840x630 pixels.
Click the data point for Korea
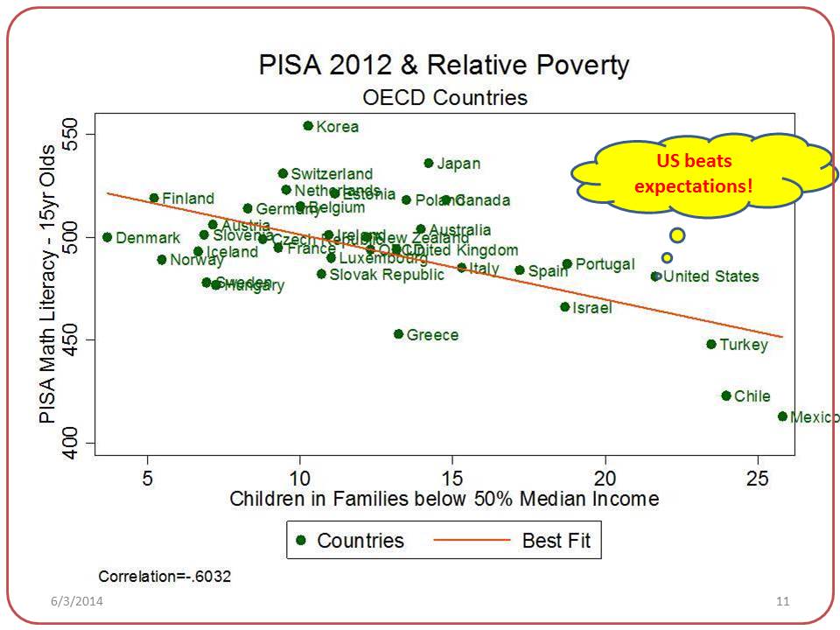308,126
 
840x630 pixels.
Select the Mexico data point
782,416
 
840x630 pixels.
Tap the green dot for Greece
398,334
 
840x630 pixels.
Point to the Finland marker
154,198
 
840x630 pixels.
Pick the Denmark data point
107,237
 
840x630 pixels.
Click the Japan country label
458,164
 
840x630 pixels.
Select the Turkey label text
744,345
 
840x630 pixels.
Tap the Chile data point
725,395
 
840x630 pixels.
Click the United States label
711,276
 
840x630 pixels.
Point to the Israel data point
564,307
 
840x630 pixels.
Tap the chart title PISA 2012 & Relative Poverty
444,66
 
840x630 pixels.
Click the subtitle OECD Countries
444,96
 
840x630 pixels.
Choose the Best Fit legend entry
556,541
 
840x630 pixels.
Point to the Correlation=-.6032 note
165,577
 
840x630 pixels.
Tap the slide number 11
782,602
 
